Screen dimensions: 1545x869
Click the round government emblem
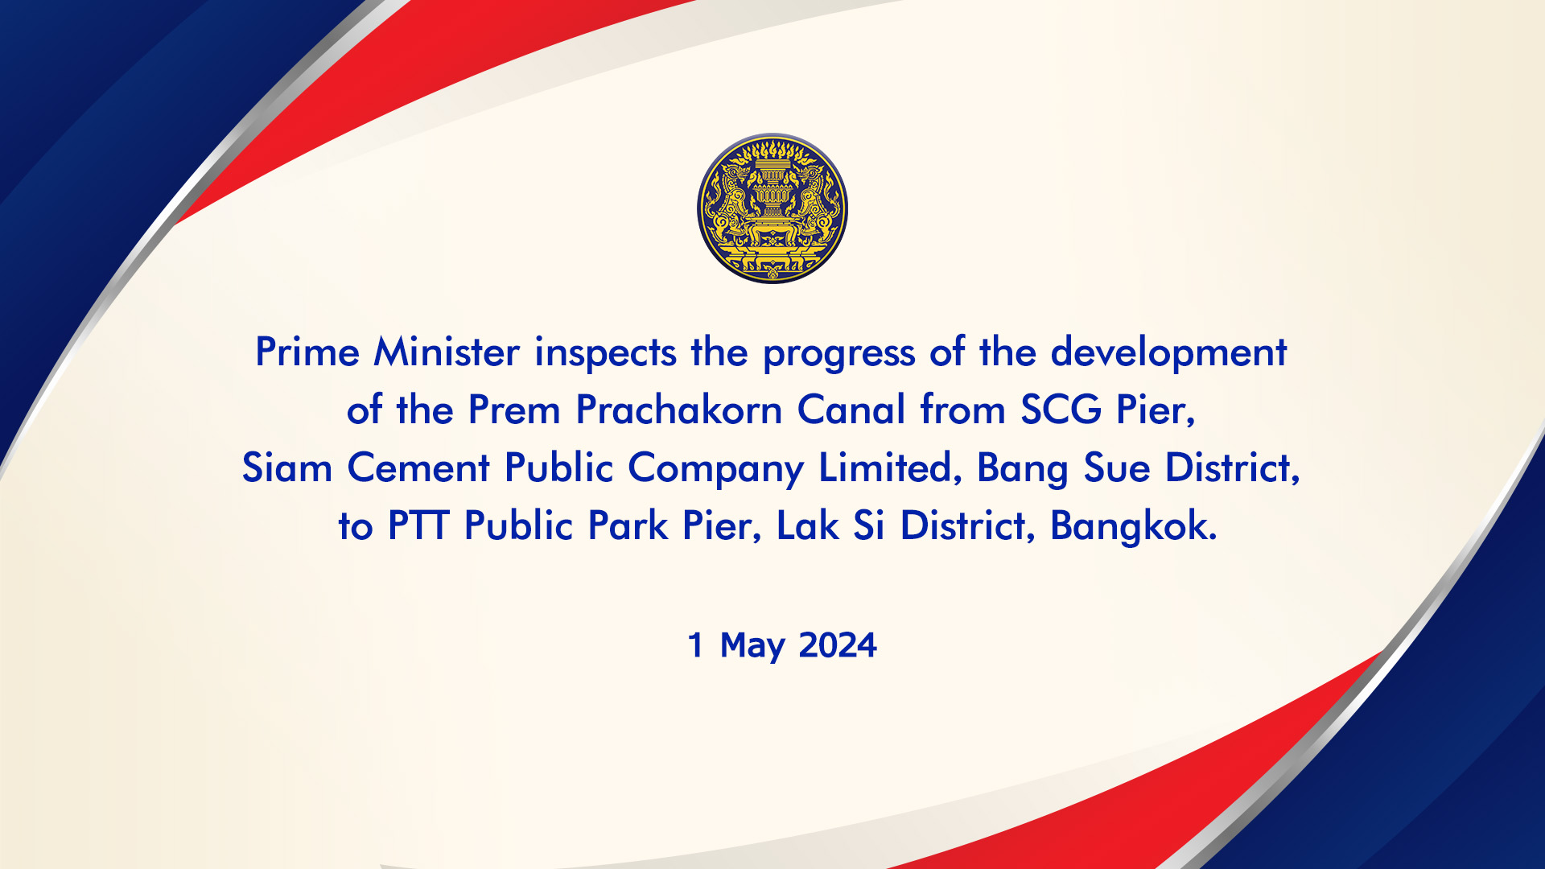pos(772,208)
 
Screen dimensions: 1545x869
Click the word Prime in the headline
pos(307,352)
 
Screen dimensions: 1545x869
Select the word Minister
pos(447,352)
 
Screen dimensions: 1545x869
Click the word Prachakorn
pos(679,410)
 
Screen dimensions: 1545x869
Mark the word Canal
pos(851,410)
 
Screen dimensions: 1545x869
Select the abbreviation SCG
pos(1061,410)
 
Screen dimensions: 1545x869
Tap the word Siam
pos(287,468)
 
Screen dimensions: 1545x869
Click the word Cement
pos(418,468)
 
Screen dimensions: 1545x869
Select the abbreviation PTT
pos(418,526)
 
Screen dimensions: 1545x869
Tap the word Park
pos(628,526)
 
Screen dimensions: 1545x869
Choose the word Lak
pos(807,526)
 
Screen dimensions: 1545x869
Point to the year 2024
pos(838,645)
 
